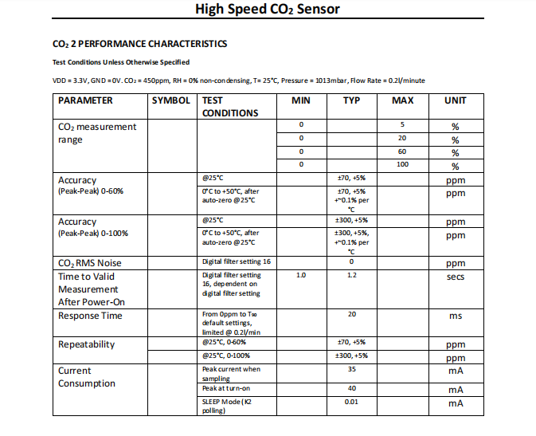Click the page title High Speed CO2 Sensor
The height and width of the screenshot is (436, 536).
(x=268, y=10)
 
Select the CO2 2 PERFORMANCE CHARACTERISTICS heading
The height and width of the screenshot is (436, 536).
(x=139, y=44)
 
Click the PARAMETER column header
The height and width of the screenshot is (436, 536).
(x=86, y=100)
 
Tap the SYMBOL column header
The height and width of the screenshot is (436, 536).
(x=171, y=100)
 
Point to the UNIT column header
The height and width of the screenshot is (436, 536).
(x=455, y=100)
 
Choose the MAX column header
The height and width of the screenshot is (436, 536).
(x=402, y=100)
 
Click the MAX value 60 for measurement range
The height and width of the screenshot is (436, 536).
(x=402, y=151)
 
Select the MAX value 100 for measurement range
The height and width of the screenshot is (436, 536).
(x=402, y=164)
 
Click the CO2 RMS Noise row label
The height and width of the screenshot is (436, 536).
(x=90, y=263)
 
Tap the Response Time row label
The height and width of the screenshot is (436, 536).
(x=90, y=316)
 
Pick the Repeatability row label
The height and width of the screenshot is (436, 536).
(x=86, y=344)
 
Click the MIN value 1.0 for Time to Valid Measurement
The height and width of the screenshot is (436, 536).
(x=301, y=275)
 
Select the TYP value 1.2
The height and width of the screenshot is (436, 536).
(x=351, y=275)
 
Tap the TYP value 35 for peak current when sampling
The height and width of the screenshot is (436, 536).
(x=351, y=370)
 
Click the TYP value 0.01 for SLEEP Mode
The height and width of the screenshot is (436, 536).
(x=351, y=402)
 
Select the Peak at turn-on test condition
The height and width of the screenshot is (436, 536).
(x=226, y=389)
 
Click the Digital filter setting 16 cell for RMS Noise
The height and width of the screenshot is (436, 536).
(x=237, y=262)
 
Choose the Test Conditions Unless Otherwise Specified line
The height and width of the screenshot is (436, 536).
(x=121, y=62)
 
